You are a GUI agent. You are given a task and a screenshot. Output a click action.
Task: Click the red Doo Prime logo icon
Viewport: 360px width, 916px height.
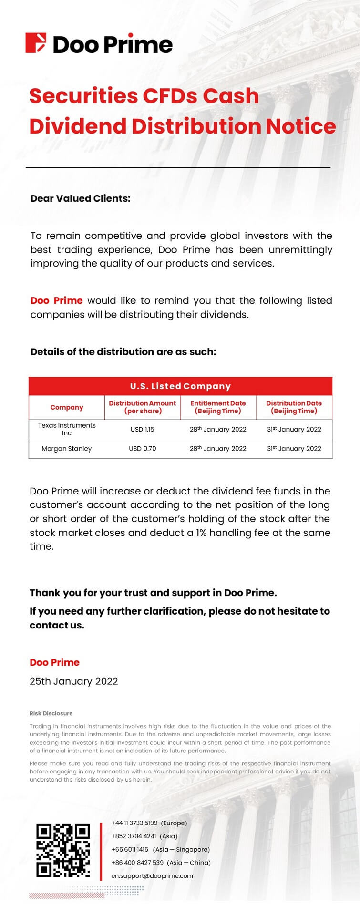(x=36, y=43)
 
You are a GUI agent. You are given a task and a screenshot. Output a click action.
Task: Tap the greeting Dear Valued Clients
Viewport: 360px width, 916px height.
(x=80, y=198)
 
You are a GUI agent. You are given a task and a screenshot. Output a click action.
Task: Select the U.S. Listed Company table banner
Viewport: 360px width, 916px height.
(x=180, y=386)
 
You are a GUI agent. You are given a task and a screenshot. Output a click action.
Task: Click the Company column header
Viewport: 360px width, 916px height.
(x=67, y=407)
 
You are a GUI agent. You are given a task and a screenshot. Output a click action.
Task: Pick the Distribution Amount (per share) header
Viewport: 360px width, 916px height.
(x=142, y=407)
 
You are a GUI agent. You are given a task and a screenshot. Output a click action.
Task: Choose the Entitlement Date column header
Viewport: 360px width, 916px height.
(x=218, y=407)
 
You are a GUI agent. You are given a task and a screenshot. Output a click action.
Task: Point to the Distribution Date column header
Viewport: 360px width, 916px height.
(x=294, y=407)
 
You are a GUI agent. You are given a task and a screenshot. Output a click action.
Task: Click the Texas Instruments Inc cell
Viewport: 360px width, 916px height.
(x=67, y=429)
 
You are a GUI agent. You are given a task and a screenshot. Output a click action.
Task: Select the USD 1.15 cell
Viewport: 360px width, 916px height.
(x=142, y=429)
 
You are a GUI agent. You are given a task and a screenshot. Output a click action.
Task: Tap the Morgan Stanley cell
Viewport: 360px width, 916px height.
(x=67, y=449)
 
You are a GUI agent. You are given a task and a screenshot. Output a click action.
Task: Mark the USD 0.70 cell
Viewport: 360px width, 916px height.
(x=142, y=449)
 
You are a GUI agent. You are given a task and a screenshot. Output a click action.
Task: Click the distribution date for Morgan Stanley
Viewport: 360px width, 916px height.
(x=294, y=449)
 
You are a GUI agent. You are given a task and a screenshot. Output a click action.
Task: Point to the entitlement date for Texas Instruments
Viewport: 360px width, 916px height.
(x=218, y=429)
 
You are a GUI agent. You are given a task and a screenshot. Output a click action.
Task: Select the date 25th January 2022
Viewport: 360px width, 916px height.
(x=74, y=681)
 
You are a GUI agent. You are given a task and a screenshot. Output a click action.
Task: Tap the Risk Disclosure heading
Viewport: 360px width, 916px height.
(x=51, y=713)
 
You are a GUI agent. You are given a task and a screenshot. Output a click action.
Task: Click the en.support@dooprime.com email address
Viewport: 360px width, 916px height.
(x=152, y=875)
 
